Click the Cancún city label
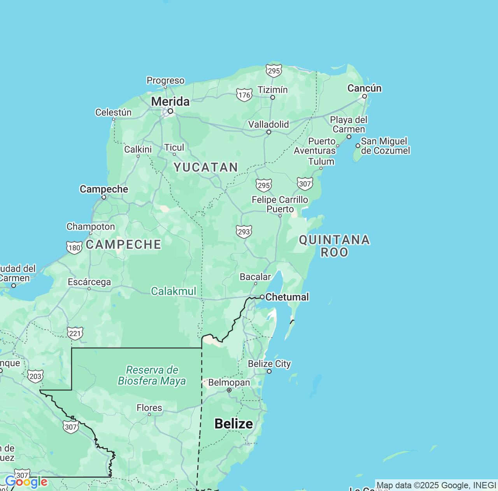(x=364, y=88)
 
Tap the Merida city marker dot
(x=170, y=111)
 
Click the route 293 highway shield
(x=244, y=231)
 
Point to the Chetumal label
(x=287, y=297)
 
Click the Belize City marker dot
(x=269, y=371)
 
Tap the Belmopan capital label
(x=229, y=383)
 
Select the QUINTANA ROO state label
(x=334, y=245)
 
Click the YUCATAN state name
(x=206, y=167)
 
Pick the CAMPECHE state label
(x=123, y=244)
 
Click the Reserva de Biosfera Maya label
(x=152, y=375)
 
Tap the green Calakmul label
(x=174, y=291)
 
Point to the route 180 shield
(x=74, y=247)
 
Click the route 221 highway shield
(x=75, y=333)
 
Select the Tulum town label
(x=321, y=161)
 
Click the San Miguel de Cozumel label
(x=385, y=146)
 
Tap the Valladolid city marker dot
(x=268, y=132)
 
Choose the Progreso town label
(x=165, y=80)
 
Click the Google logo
(x=26, y=482)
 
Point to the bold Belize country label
(x=233, y=424)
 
